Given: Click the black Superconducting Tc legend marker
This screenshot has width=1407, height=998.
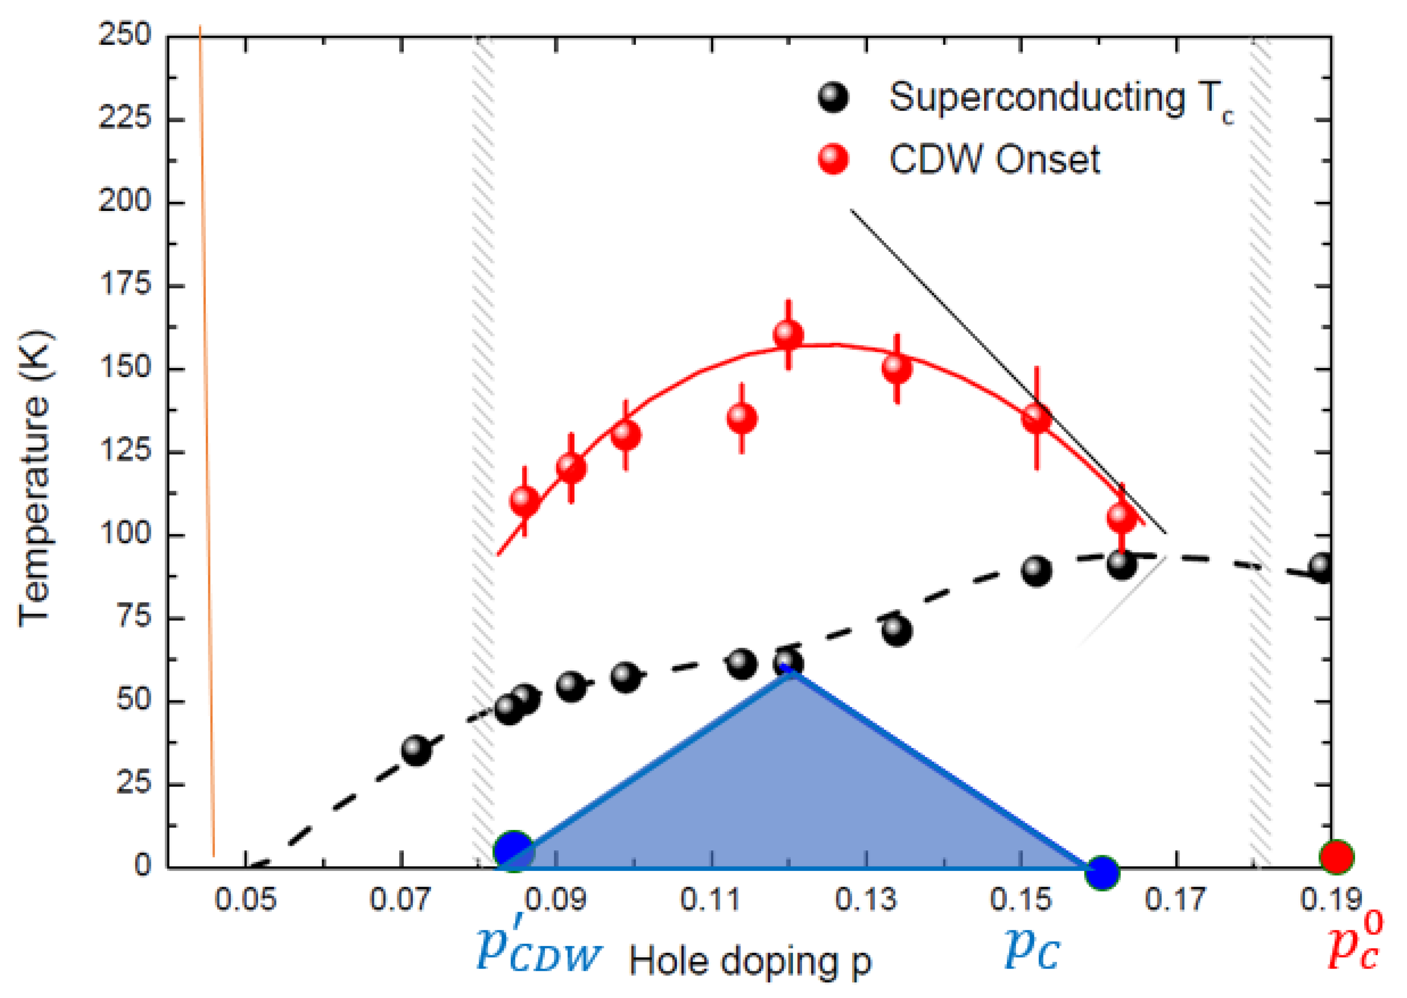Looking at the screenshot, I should point(833,97).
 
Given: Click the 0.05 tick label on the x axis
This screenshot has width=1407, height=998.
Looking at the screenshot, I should point(245,900).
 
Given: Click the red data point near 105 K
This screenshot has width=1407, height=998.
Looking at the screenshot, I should point(1121,517).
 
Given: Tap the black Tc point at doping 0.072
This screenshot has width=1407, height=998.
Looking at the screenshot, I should point(416,750).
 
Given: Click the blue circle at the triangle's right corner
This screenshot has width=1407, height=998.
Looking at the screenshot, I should point(1102,871).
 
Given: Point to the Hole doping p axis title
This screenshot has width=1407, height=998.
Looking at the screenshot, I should point(750,962).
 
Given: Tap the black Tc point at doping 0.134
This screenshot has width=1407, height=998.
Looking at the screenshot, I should point(896,630).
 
